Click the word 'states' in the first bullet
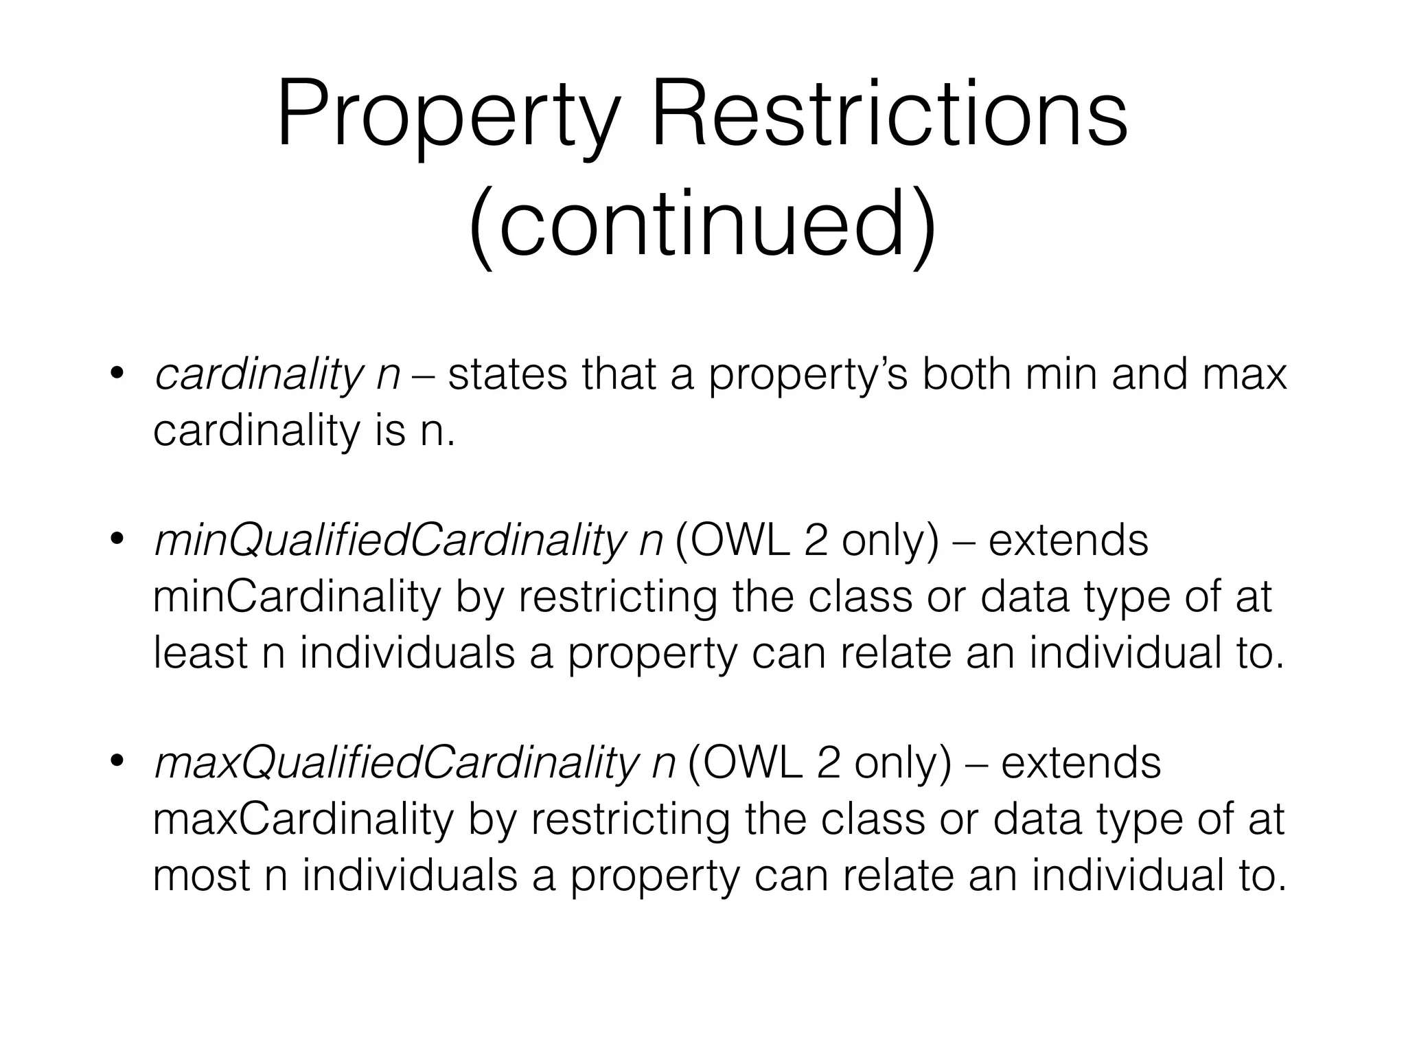507,376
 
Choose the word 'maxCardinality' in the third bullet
303,819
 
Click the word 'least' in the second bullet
200,653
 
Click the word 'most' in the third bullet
201,876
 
